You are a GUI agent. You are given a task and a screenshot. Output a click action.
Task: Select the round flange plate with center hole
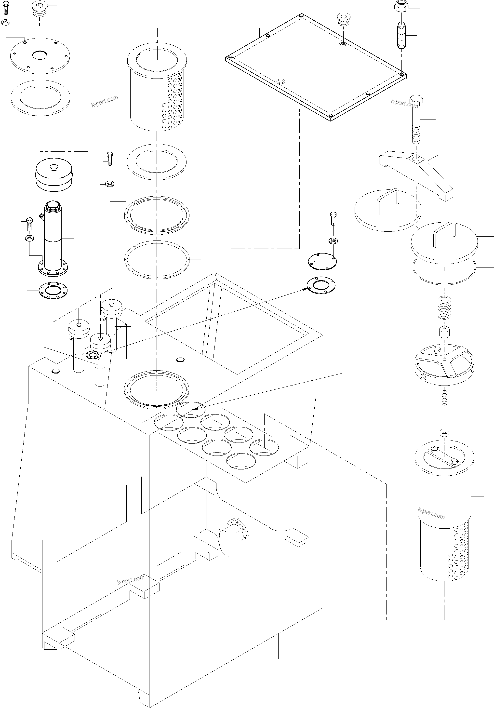[40, 56]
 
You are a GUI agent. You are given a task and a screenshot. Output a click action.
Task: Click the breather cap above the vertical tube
[54, 176]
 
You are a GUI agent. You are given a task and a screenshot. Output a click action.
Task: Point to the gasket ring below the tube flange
[53, 290]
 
